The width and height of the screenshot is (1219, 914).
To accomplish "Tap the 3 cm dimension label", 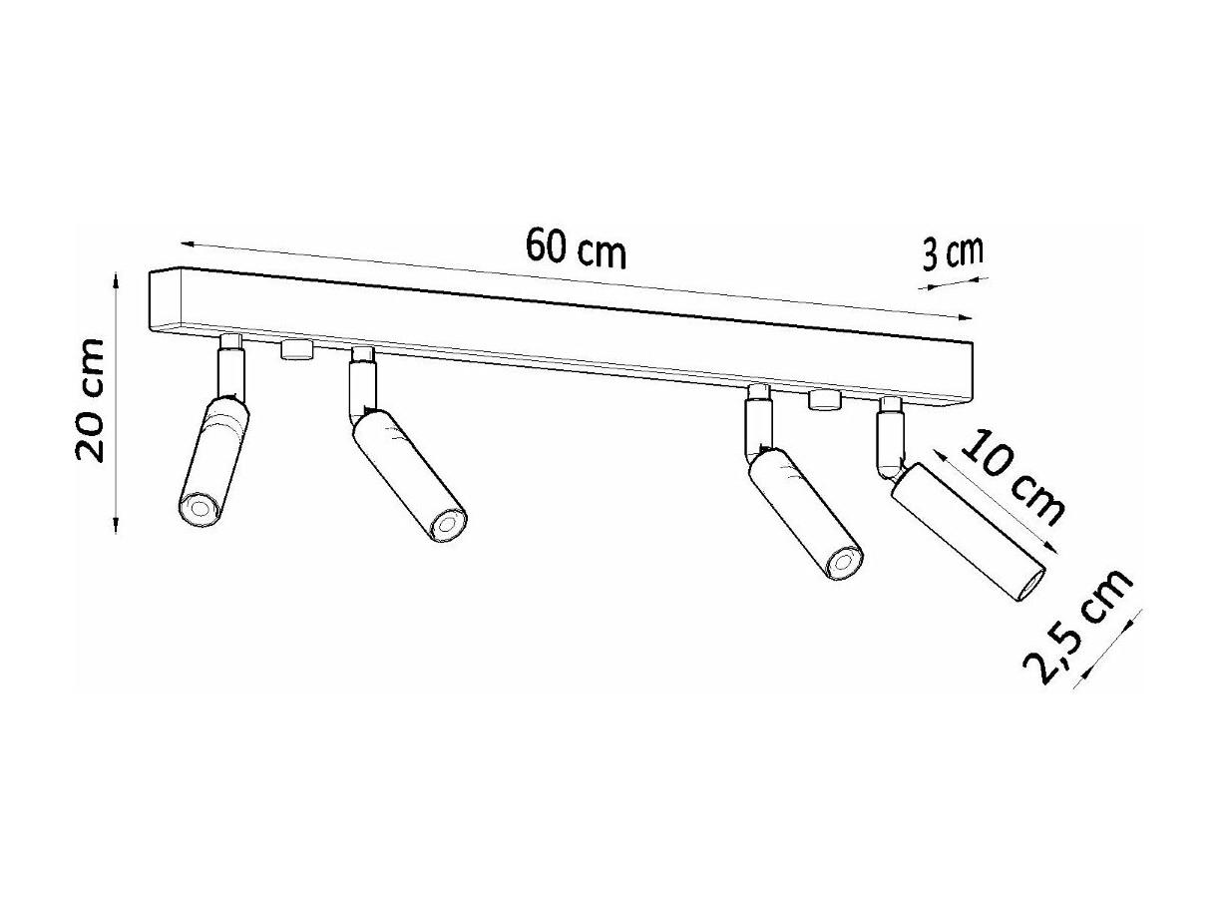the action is click(952, 253).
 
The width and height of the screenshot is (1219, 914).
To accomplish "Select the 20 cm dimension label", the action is click(90, 400).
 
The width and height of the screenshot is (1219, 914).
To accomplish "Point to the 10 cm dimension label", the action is click(1012, 477).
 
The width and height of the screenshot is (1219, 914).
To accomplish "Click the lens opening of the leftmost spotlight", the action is click(199, 508).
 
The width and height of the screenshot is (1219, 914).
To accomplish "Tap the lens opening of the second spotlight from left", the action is click(447, 524).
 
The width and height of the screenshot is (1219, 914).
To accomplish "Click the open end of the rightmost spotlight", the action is click(1031, 584).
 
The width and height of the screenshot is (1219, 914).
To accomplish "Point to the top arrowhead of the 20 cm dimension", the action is click(116, 279).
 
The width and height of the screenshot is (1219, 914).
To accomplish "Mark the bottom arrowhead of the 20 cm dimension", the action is click(116, 525).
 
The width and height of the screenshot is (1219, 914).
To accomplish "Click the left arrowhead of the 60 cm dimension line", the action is click(188, 243).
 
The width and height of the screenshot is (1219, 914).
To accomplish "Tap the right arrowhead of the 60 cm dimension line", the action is click(966, 317).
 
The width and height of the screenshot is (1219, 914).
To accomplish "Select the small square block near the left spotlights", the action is click(297, 350).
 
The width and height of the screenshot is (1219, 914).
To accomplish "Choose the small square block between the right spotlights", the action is click(825, 400).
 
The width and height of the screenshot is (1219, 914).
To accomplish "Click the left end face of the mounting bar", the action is click(166, 300).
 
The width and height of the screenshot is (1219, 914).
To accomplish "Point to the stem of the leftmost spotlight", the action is click(231, 368).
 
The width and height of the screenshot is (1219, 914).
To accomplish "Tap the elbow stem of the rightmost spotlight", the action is click(889, 445).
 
